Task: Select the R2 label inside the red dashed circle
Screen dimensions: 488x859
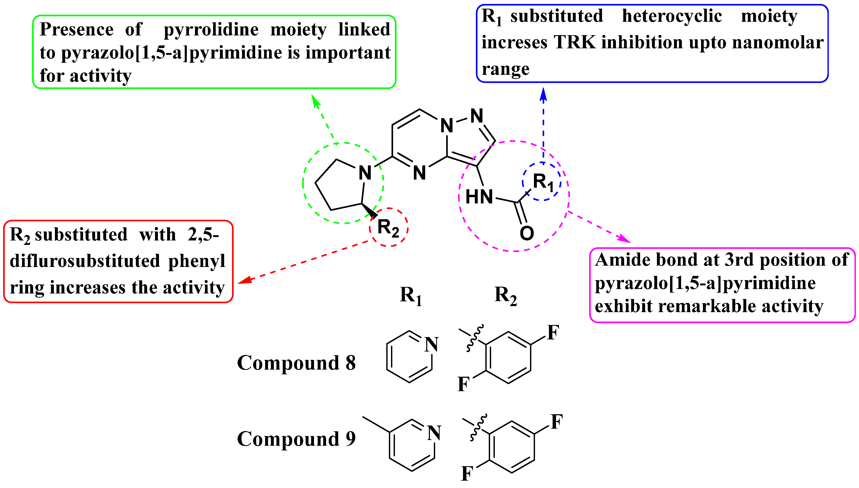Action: [x=388, y=228]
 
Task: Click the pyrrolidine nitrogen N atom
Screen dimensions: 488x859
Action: [x=365, y=173]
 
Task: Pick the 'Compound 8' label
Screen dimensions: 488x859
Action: [x=296, y=363]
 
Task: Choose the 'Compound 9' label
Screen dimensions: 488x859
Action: [x=296, y=439]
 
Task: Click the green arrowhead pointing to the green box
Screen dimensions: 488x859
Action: [x=315, y=100]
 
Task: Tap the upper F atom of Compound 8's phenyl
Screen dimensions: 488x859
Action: [x=553, y=333]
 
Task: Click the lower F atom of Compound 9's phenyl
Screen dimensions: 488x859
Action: [x=467, y=474]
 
